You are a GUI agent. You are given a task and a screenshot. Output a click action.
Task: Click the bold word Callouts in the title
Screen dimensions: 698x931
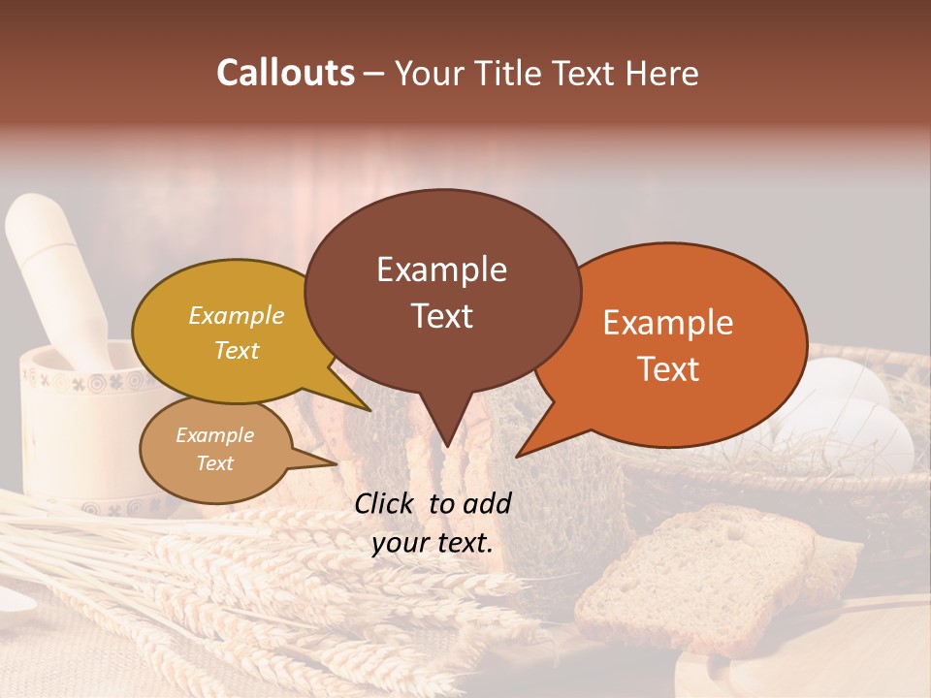285,73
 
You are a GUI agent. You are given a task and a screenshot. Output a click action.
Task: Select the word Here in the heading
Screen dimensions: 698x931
663,73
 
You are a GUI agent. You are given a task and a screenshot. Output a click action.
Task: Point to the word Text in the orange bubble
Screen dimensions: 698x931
668,368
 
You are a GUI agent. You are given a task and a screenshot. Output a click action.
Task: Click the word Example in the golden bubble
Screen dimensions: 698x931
236,315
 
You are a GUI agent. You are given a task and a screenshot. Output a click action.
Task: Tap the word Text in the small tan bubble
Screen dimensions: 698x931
214,462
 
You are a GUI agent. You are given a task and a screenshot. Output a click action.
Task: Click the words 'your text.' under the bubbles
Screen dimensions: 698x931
433,544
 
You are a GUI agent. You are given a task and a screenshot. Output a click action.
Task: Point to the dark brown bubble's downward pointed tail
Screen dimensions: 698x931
445,427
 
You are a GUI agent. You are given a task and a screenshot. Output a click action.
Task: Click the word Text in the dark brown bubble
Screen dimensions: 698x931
441,316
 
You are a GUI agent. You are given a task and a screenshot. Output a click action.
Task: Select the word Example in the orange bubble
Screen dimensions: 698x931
668,322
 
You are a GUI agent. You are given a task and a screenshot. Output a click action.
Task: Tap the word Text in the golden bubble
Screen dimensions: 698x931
236,350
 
